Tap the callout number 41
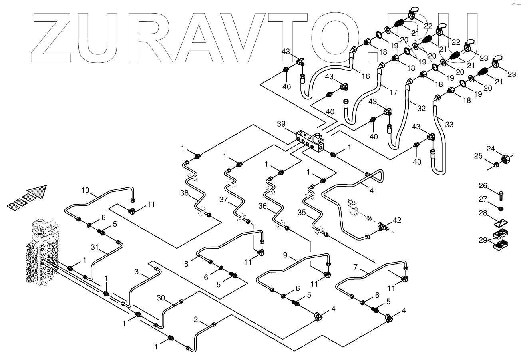tap(373, 191)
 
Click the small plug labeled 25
tap(496, 164)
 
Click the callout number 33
tap(449, 125)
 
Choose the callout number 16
tap(366, 76)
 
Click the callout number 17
tap(394, 92)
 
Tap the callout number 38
tap(184, 193)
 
